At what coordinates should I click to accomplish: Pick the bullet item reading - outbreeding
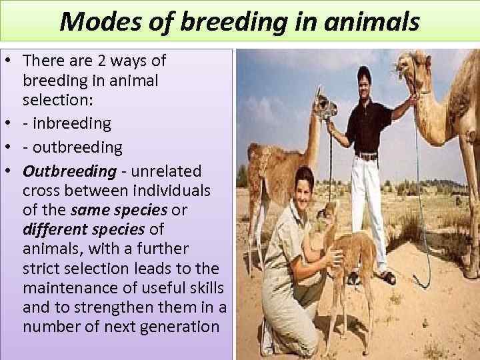73,146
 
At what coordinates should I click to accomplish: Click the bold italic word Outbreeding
69,171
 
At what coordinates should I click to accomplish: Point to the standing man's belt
367,156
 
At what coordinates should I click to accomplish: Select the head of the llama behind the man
325,105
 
